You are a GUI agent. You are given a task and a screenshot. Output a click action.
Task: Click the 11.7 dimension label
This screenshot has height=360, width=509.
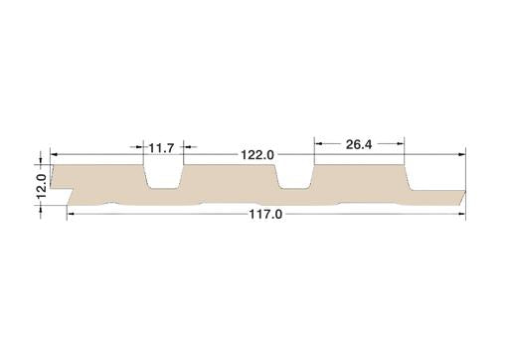[x=161, y=148]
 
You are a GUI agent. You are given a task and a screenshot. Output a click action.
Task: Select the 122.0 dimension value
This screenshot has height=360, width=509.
[x=257, y=155]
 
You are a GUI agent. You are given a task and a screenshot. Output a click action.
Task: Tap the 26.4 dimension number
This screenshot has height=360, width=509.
[x=359, y=144]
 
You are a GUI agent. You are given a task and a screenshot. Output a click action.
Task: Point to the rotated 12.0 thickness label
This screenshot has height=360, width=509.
[x=42, y=186]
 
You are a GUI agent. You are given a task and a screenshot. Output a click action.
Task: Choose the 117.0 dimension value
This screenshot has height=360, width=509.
[x=265, y=215]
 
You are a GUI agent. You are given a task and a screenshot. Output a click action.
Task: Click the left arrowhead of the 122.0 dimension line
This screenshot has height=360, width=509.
[x=54, y=154]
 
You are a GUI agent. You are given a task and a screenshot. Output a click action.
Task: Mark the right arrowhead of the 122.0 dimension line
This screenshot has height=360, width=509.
[x=462, y=154]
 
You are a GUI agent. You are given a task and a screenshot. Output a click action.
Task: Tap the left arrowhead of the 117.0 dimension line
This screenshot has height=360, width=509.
[x=71, y=214]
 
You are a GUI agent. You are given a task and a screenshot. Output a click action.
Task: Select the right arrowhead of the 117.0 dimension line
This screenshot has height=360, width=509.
[x=461, y=214]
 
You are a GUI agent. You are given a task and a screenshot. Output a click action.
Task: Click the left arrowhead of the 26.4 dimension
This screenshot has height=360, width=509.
[x=318, y=143]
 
